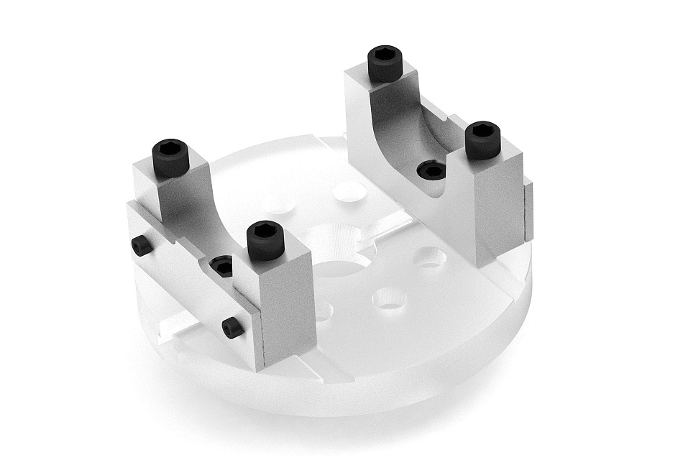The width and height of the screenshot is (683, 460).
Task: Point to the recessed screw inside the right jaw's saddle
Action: (x=432, y=170)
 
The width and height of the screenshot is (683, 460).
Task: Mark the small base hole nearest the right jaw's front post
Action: (x=430, y=257)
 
